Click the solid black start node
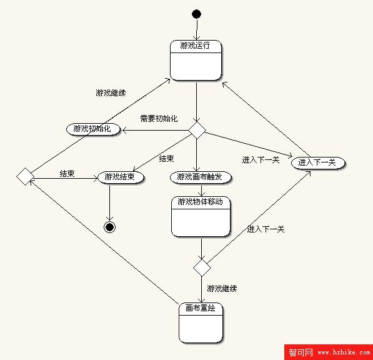[x=196, y=14]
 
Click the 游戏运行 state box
[x=196, y=60]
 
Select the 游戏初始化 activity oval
[x=93, y=129]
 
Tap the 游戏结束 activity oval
[x=121, y=177]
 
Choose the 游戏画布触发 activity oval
[x=201, y=177]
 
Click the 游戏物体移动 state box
[x=201, y=216]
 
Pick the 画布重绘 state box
[x=201, y=322]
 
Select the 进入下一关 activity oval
[x=318, y=163]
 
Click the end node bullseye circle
[x=110, y=227]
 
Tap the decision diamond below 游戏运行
[x=197, y=130]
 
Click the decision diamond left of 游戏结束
[x=26, y=176]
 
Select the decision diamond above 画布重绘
[x=202, y=267]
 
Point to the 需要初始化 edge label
[x=159, y=119]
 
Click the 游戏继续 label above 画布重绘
[x=222, y=289]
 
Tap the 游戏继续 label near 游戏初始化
[x=111, y=92]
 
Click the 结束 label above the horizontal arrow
[x=67, y=174]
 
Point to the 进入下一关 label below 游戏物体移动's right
[x=266, y=229]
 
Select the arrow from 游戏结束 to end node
[x=110, y=202]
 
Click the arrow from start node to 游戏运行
[x=197, y=29]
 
